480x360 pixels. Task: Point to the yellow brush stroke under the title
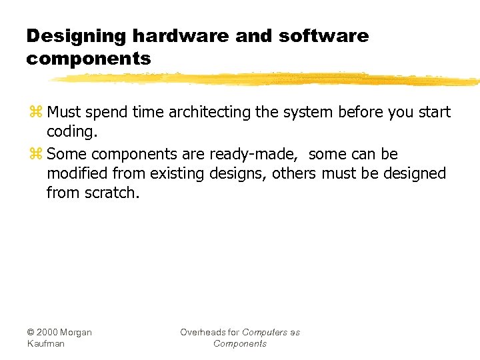tap(267, 79)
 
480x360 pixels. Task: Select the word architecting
tap(210, 113)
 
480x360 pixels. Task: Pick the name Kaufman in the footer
tap(45, 343)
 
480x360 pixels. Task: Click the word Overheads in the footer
tap(203, 332)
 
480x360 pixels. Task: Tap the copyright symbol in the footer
tap(31, 332)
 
